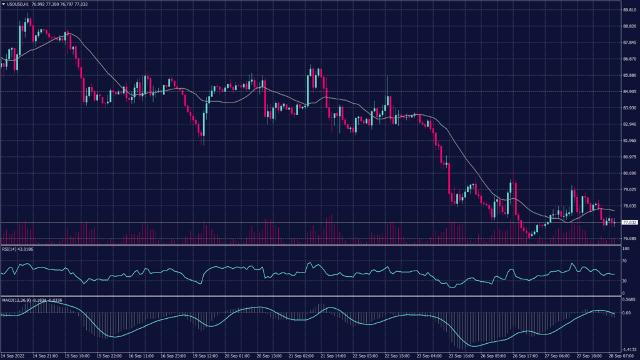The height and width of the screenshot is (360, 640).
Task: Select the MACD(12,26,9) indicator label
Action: point(16,300)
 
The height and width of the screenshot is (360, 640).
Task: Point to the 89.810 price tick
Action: point(629,10)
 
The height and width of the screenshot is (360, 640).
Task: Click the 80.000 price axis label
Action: point(629,173)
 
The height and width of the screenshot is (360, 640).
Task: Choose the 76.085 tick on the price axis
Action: point(629,238)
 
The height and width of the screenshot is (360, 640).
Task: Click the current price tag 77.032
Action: point(629,222)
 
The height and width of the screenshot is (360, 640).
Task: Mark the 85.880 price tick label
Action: point(629,76)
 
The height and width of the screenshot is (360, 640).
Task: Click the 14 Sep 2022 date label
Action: point(13,355)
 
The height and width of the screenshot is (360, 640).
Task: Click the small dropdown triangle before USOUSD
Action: point(3,4)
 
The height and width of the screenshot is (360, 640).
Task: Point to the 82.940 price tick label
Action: point(629,124)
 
